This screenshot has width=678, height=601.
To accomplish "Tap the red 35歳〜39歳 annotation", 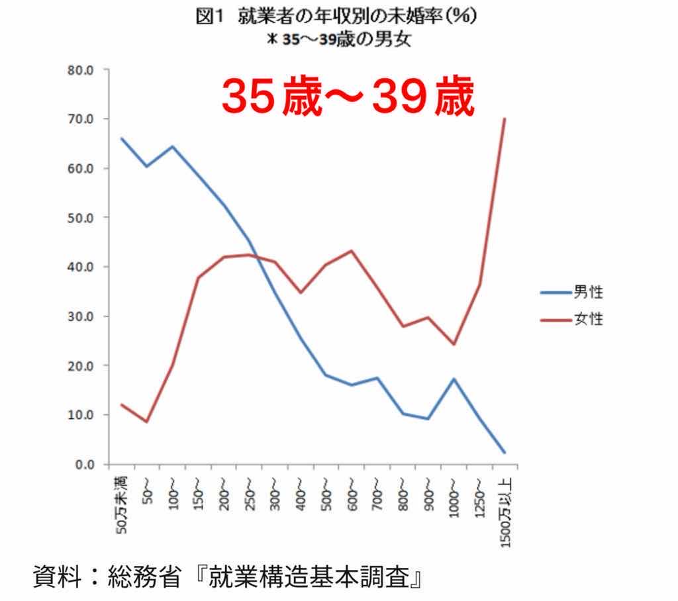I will tap(348, 98).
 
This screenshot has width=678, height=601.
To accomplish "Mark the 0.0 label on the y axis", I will tap(83, 464).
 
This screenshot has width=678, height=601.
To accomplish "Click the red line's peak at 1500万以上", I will tap(505, 119).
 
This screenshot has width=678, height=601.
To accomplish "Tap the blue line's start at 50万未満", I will tap(122, 139).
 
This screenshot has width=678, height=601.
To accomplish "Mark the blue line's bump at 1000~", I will tap(454, 379).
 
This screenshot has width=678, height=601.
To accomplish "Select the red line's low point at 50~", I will tap(147, 422).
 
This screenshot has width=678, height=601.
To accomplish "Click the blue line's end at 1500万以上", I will tap(505, 453).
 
